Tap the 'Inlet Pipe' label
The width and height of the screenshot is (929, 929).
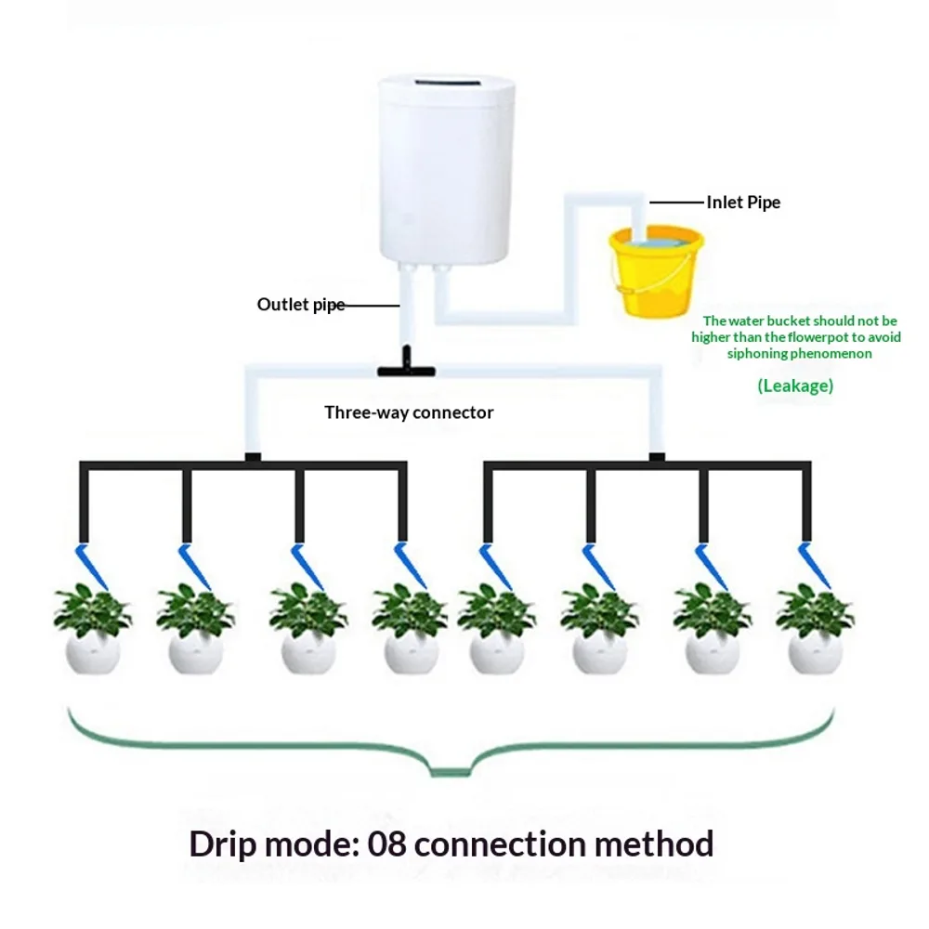pos(743,203)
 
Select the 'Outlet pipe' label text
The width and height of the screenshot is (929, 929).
pos(300,305)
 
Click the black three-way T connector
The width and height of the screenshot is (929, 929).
pos(407,364)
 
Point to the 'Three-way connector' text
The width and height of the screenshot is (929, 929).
pos(409,412)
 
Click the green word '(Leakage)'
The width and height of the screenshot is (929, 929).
pos(795,386)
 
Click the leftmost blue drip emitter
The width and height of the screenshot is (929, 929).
pos(91,565)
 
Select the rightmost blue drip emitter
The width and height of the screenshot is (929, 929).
pos(814,565)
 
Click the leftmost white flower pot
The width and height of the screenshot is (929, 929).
pos(92,652)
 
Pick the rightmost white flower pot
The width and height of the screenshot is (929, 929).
pos(816,652)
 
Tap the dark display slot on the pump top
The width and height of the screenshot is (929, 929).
pos(446,83)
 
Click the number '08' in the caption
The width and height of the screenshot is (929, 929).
pos(386,844)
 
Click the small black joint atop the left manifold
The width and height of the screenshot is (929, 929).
pos(253,457)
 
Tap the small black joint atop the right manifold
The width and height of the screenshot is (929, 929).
pos(657,457)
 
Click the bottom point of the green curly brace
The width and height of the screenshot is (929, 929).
pos(451,774)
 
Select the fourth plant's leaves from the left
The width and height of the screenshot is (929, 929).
pos(410,609)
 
